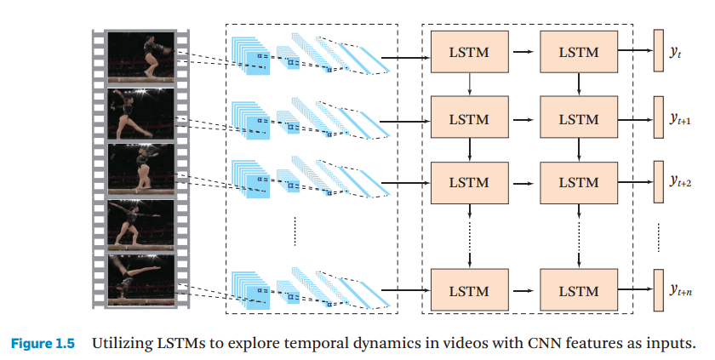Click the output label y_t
(675, 53)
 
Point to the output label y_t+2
(678, 182)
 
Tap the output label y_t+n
(678, 290)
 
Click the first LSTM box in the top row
(469, 53)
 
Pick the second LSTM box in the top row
(579, 53)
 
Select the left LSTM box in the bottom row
(469, 291)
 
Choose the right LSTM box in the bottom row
(579, 291)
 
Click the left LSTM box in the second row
(469, 119)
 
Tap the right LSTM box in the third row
(579, 182)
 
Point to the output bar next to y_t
(657, 53)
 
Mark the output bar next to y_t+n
(657, 291)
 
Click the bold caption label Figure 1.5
(42, 344)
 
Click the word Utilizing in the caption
(120, 344)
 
